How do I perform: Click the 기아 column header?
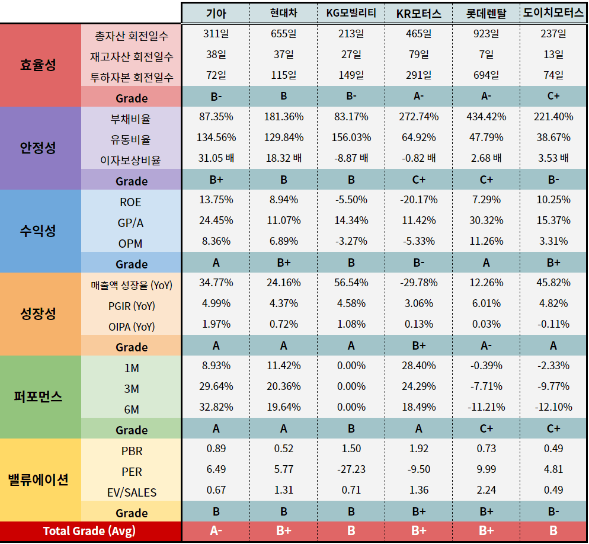tap(216, 14)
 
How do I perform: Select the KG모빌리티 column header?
tap(351, 14)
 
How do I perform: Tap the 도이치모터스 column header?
tap(553, 14)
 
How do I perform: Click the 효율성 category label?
tap(40, 65)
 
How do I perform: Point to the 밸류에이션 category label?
tap(40, 479)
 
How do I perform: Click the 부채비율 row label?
tap(131, 119)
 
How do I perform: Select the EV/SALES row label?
tap(131, 492)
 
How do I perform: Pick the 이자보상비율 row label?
tap(131, 160)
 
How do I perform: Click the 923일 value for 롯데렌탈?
tap(486, 34)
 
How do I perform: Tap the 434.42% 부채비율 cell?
tap(486, 117)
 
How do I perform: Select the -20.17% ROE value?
tap(418, 200)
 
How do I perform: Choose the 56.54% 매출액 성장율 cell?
tap(351, 283)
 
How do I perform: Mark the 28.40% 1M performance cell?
tap(418, 366)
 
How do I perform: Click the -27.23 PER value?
tap(351, 469)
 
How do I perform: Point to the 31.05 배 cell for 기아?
tap(216, 158)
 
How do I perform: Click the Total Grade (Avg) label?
tap(89, 531)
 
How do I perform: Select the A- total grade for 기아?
tap(216, 531)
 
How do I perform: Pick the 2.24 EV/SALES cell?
tap(486, 490)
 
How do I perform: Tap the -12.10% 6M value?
tap(553, 407)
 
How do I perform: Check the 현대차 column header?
tap(283, 14)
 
